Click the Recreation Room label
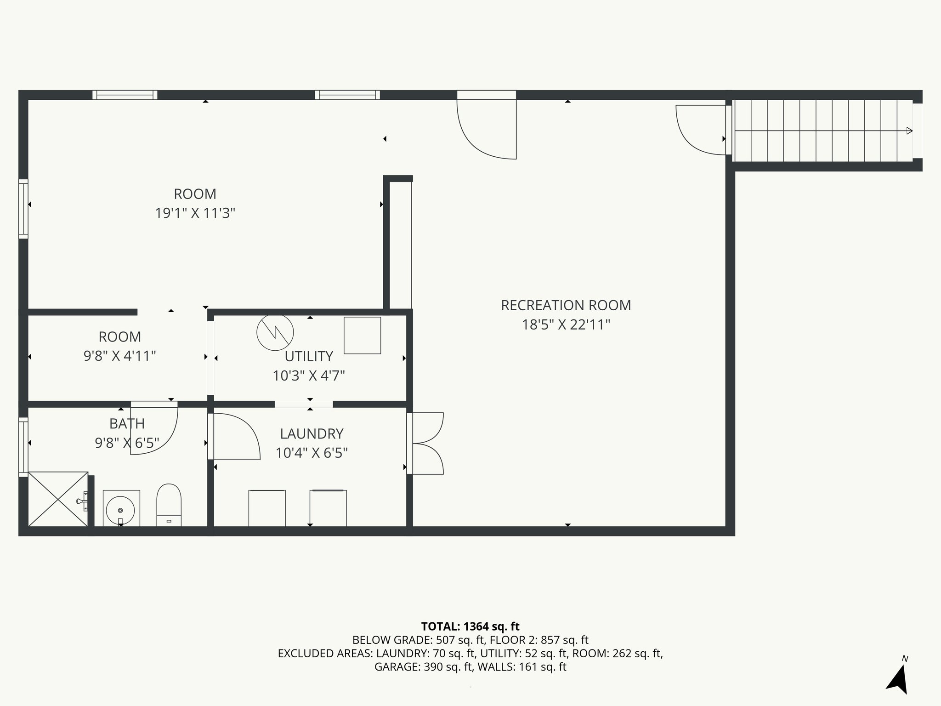566,305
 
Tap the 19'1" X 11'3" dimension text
195,213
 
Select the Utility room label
308,356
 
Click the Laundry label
312,433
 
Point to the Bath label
127,423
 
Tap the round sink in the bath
120,509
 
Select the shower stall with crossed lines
57,499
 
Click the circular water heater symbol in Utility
275,333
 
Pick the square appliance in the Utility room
362,336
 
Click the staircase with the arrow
822,131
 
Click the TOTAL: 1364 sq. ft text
470,626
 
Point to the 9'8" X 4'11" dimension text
119,356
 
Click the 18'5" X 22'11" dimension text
566,325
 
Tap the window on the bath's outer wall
23,447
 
